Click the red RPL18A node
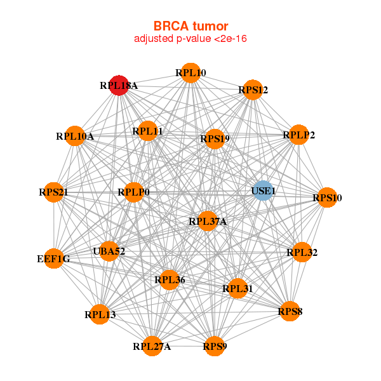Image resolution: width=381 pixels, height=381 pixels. point(119,85)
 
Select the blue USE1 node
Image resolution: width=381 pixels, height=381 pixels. point(263,190)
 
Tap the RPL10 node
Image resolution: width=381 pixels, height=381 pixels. point(190,73)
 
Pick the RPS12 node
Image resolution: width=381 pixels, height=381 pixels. point(253,90)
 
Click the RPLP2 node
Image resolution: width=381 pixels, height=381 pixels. point(298,135)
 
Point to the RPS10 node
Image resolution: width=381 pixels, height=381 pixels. point(327,198)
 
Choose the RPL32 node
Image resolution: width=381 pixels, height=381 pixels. point(302,252)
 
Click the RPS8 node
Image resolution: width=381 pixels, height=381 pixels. point(290,311)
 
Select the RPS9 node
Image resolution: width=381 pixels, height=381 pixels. point(215,346)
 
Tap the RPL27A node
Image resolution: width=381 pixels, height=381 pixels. point(152,346)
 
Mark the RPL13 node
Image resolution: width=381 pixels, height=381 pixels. point(100,314)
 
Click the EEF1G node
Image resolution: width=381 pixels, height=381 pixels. point(54,258)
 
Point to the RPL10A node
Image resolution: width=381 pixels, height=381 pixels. point(75,136)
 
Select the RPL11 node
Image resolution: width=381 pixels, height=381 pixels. point(148,131)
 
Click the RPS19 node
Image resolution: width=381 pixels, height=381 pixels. point(215,138)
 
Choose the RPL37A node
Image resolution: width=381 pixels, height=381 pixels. point(207,221)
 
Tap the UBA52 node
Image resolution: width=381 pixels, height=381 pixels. point(109,251)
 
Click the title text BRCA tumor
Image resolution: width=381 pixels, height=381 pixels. point(190,26)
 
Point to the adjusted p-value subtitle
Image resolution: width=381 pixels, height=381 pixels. point(190,39)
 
